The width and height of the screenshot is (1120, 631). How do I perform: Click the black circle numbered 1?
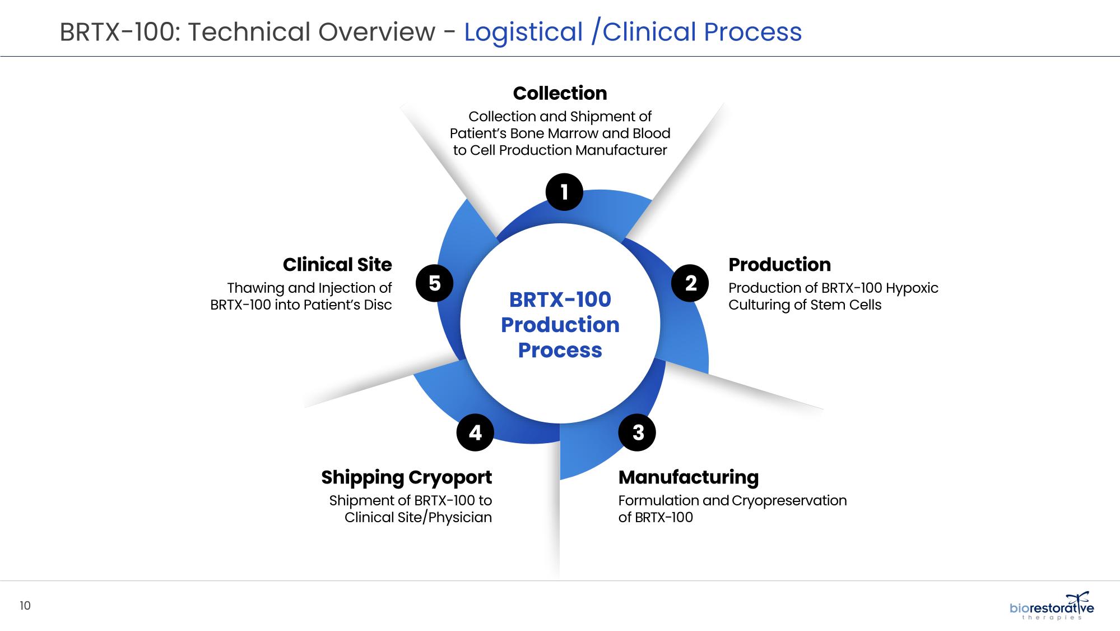[564, 192]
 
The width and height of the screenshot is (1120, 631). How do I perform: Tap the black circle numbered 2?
[690, 283]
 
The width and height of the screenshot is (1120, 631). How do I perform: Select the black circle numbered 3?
[638, 432]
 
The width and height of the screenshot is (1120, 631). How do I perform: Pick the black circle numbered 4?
[475, 432]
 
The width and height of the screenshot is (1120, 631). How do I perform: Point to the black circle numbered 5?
[434, 283]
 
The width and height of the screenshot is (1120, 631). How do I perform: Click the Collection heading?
[560, 93]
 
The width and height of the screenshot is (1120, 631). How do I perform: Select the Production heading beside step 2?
[779, 264]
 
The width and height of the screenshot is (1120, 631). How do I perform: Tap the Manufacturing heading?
[688, 477]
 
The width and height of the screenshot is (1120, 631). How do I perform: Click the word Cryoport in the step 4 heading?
[450, 477]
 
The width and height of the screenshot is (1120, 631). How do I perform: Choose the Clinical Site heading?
[337, 264]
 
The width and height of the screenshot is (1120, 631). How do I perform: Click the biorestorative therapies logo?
[1052, 607]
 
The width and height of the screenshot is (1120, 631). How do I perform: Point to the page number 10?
[25, 606]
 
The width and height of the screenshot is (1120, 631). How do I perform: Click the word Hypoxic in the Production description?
[912, 288]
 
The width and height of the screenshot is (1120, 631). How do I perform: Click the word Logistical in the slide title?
[523, 32]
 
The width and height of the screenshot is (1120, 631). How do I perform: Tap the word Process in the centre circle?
[560, 350]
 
